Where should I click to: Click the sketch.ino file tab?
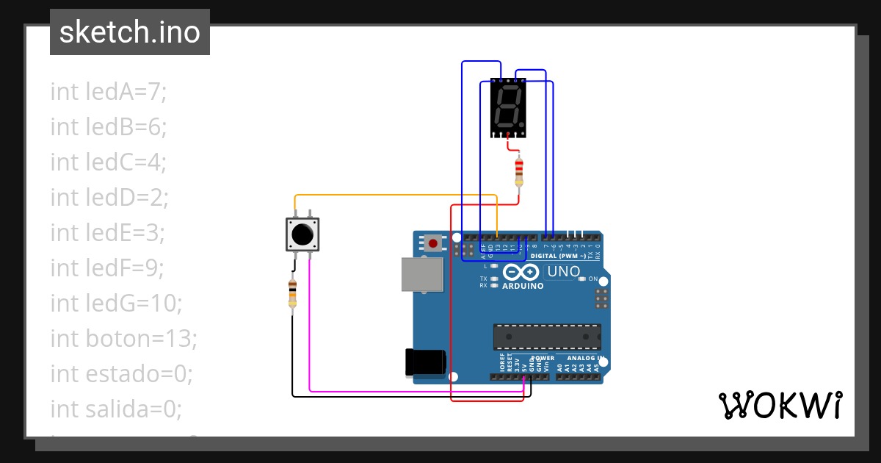(130, 32)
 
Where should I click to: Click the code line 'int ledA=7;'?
(109, 92)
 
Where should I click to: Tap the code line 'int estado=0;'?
(121, 373)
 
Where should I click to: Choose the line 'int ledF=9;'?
(109, 268)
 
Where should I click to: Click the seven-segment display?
(508, 108)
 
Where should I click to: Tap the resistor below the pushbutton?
(293, 293)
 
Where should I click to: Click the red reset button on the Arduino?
(433, 243)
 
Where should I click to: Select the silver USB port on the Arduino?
(422, 275)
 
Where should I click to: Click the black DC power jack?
(425, 361)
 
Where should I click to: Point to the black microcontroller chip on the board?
(547, 337)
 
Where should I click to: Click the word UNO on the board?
(564, 272)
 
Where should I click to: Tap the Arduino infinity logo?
(523, 272)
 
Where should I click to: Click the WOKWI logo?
(780, 405)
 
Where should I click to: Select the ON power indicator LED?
(582, 279)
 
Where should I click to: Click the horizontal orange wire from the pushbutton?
(396, 195)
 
